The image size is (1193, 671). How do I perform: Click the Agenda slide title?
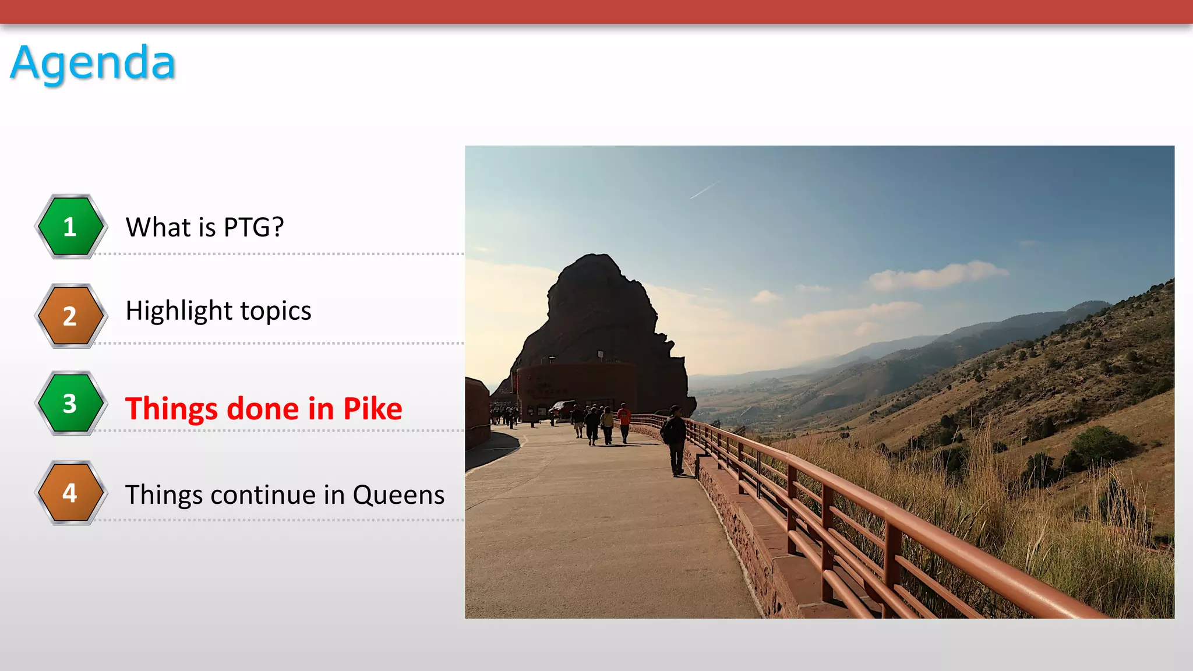pyautogui.click(x=93, y=63)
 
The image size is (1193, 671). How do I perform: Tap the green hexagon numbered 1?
pyautogui.click(x=70, y=227)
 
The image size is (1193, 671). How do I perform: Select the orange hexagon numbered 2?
pyautogui.click(x=70, y=316)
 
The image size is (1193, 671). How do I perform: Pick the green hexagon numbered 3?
pyautogui.click(x=70, y=403)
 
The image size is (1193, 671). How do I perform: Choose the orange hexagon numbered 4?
pyautogui.click(x=70, y=493)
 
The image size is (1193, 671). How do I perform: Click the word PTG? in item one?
pyautogui.click(x=254, y=227)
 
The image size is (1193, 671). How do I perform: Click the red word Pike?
pyautogui.click(x=373, y=409)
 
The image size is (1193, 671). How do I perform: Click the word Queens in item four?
pyautogui.click(x=398, y=495)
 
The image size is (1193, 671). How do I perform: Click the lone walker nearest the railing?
pyautogui.click(x=675, y=440)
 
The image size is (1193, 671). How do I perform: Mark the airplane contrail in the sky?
pyautogui.click(x=704, y=190)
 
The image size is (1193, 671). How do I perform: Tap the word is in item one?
pyautogui.click(x=207, y=227)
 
